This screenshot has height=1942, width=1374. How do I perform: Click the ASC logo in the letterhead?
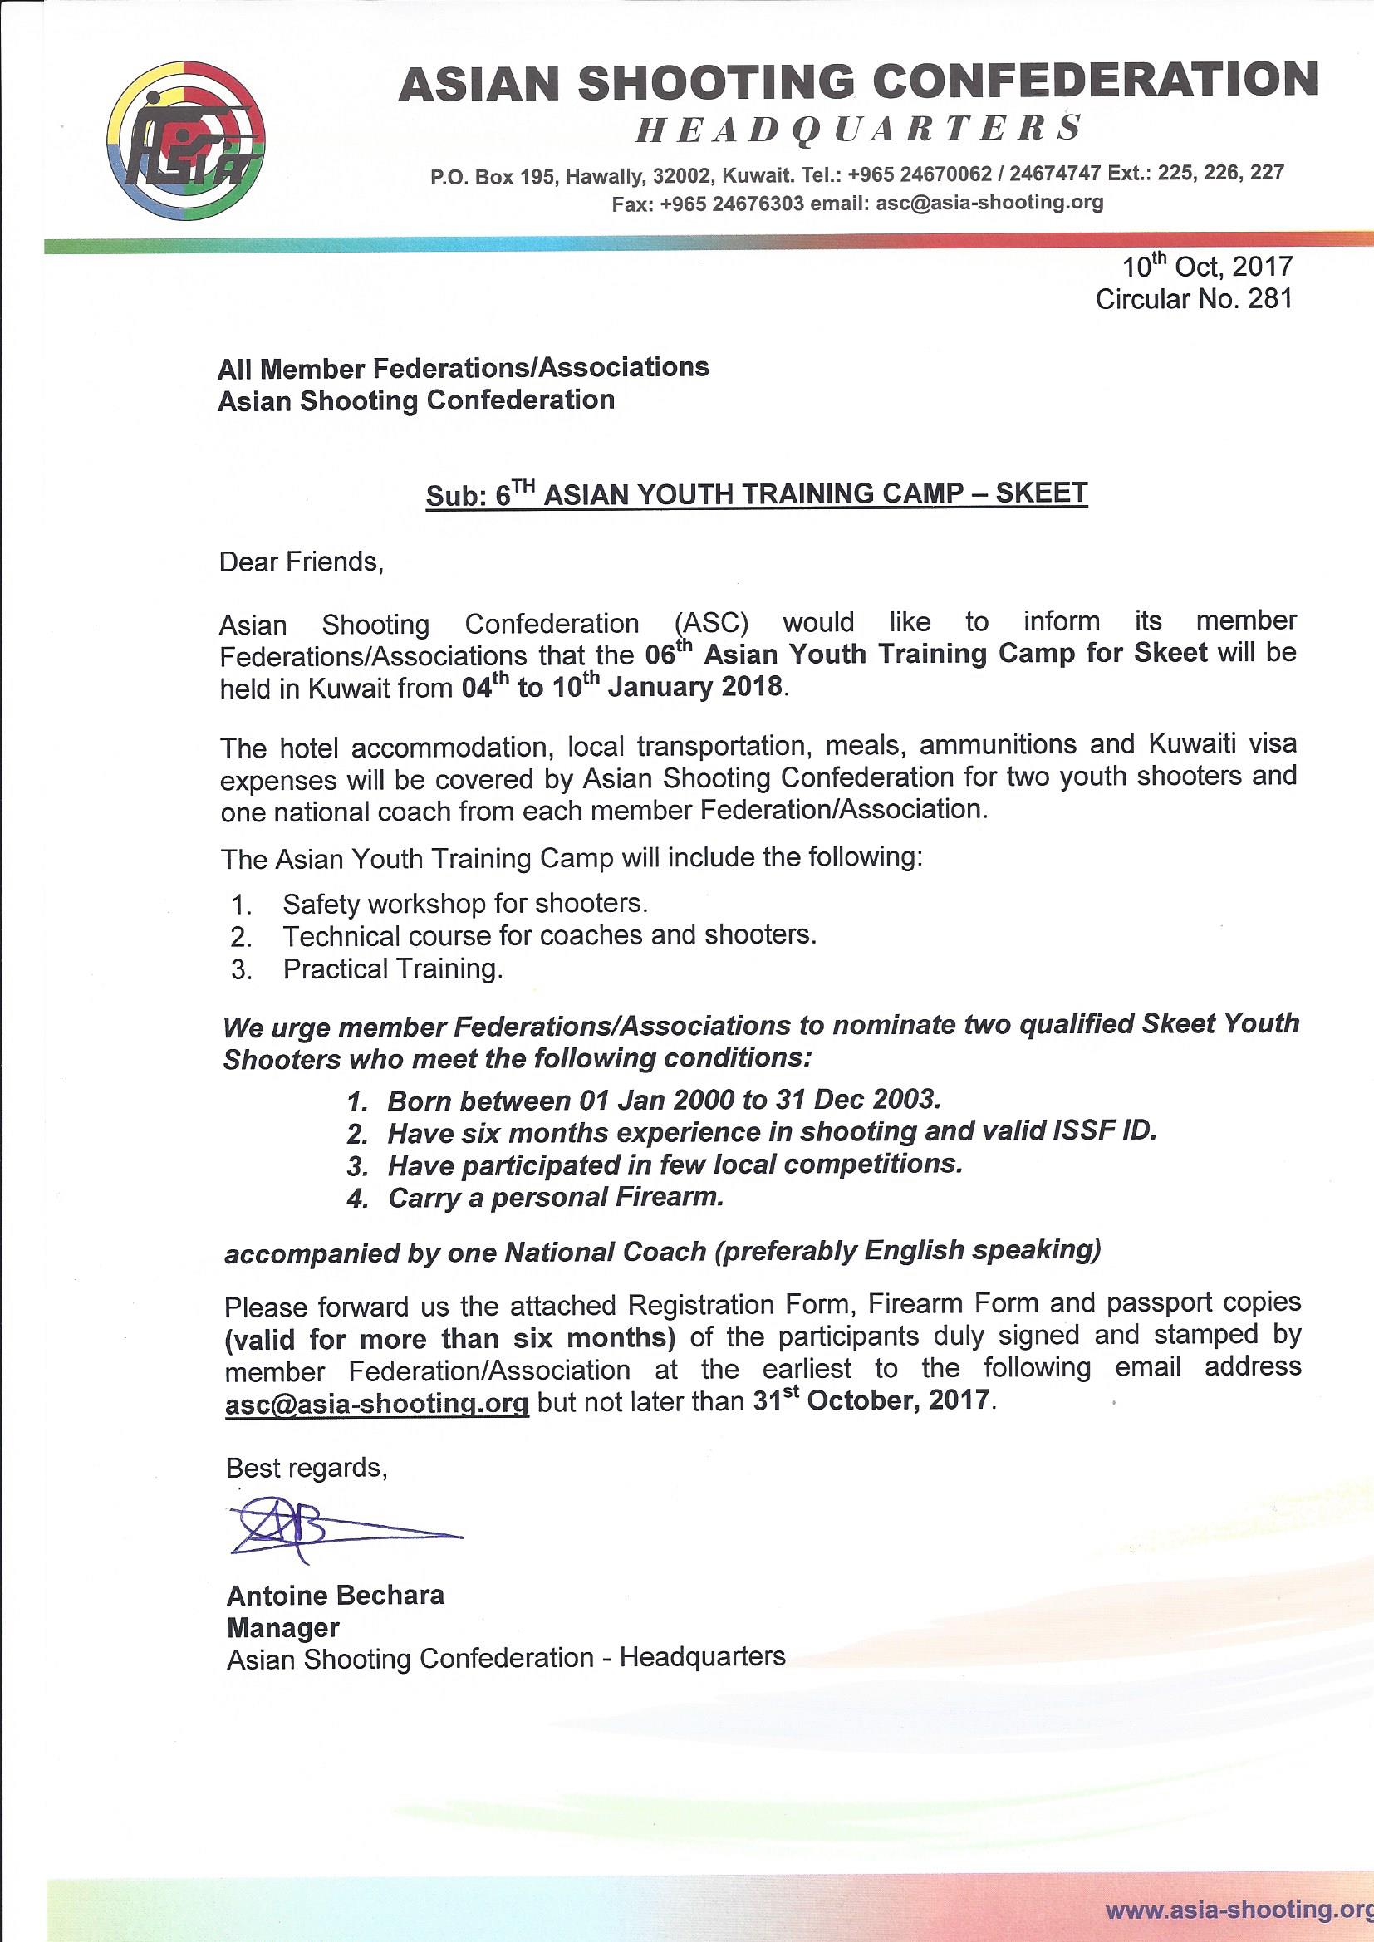click(186, 140)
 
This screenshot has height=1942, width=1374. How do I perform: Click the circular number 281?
click(1270, 299)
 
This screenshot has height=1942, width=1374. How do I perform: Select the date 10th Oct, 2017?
click(1207, 267)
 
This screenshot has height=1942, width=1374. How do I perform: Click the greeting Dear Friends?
click(302, 562)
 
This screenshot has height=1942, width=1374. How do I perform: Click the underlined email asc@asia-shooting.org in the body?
click(377, 1401)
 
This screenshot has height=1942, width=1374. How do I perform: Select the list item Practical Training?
click(393, 969)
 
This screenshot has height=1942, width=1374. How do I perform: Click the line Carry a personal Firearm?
click(555, 1198)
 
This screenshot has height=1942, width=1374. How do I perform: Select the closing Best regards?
click(307, 1469)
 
